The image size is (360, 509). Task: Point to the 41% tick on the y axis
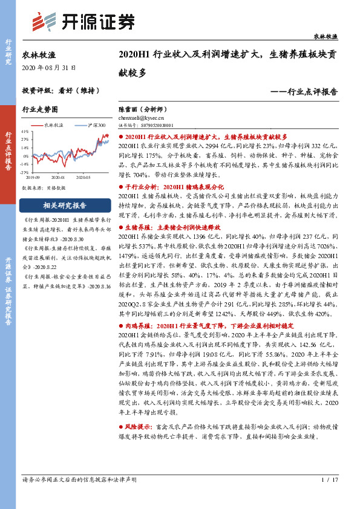[x=25, y=131]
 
